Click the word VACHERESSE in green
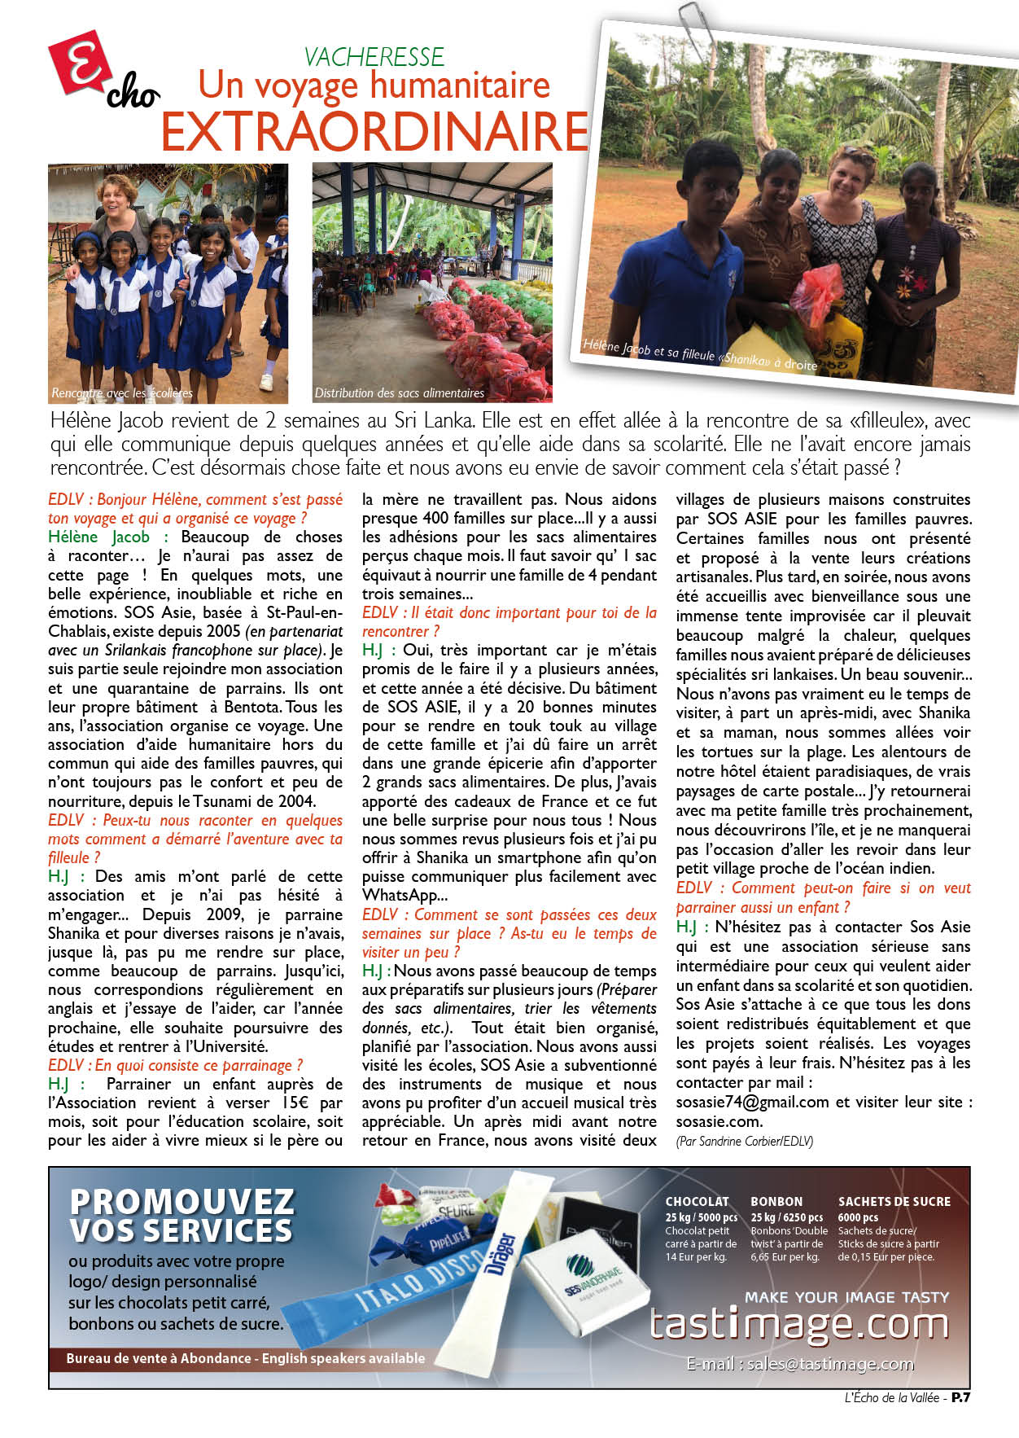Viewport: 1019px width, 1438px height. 374,57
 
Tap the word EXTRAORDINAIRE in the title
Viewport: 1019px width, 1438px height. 374,131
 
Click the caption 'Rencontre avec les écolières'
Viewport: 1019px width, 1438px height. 122,393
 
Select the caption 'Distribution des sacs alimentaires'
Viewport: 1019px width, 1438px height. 399,393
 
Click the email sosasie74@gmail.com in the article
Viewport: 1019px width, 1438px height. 752,1103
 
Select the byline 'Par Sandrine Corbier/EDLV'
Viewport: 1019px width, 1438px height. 744,1141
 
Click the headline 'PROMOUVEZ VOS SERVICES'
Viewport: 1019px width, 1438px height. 181,1216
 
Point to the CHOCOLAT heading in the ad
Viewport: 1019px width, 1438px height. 697,1201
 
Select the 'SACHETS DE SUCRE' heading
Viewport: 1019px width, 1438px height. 894,1201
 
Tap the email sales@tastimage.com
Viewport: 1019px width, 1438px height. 800,1364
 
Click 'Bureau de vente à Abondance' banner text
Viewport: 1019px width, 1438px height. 159,1358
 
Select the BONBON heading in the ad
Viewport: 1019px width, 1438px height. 776,1201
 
